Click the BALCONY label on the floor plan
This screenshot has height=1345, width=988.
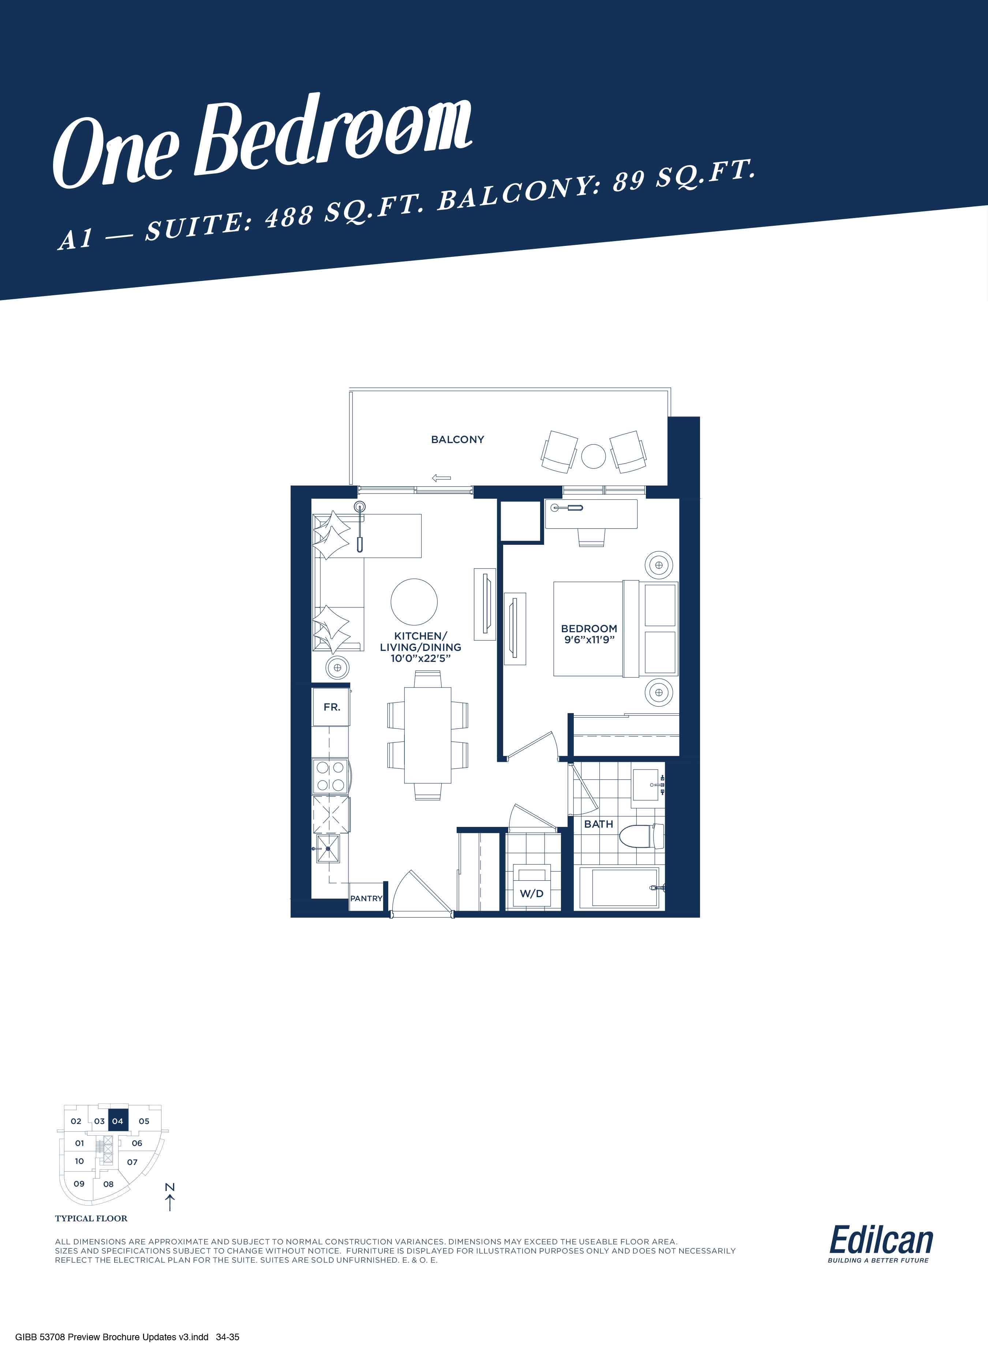[x=457, y=439]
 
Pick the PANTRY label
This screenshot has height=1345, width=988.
[x=366, y=898]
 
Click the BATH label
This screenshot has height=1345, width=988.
[x=599, y=824]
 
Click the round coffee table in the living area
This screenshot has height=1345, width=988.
[x=414, y=602]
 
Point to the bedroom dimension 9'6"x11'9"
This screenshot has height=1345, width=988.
[x=589, y=639]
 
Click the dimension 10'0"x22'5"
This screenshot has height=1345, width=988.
[x=420, y=659]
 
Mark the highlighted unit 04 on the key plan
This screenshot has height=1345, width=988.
[x=118, y=1121]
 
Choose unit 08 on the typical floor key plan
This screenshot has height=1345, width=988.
[x=108, y=1184]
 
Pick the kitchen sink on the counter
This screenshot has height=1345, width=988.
[x=328, y=848]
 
